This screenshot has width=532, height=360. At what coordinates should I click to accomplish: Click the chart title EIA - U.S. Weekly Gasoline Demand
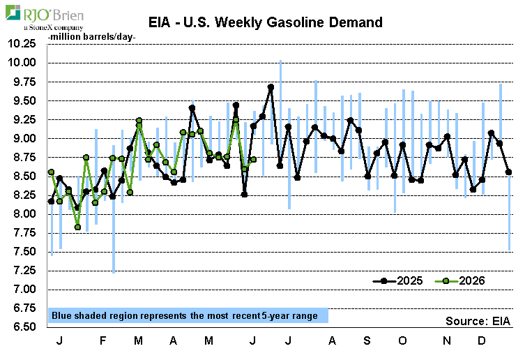click(x=266, y=22)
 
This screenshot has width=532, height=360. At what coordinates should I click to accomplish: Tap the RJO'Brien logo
click(x=45, y=17)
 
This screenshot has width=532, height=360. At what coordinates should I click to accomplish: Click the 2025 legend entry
click(x=397, y=281)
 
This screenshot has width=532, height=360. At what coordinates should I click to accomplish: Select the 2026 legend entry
click(x=459, y=281)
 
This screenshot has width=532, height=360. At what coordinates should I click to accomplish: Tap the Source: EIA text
click(x=478, y=321)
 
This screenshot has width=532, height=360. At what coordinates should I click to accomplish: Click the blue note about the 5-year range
click(x=188, y=316)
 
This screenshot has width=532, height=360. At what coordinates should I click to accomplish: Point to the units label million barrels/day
click(x=91, y=37)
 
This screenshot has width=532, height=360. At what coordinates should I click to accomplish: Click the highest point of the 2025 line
click(x=271, y=87)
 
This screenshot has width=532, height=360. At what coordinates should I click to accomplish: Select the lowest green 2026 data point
click(x=77, y=227)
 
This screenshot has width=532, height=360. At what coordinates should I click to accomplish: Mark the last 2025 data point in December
click(x=508, y=172)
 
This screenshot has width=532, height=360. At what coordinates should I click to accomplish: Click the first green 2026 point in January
click(x=51, y=172)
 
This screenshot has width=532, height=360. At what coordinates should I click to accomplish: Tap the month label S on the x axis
click(x=367, y=340)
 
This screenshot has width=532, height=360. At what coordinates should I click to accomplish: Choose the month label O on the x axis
click(x=402, y=340)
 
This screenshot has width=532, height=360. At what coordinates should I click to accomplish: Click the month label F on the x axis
click(x=102, y=340)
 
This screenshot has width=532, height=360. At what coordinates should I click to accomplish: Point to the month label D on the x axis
click(x=481, y=340)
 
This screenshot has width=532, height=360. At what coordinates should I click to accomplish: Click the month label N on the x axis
click(x=447, y=340)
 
